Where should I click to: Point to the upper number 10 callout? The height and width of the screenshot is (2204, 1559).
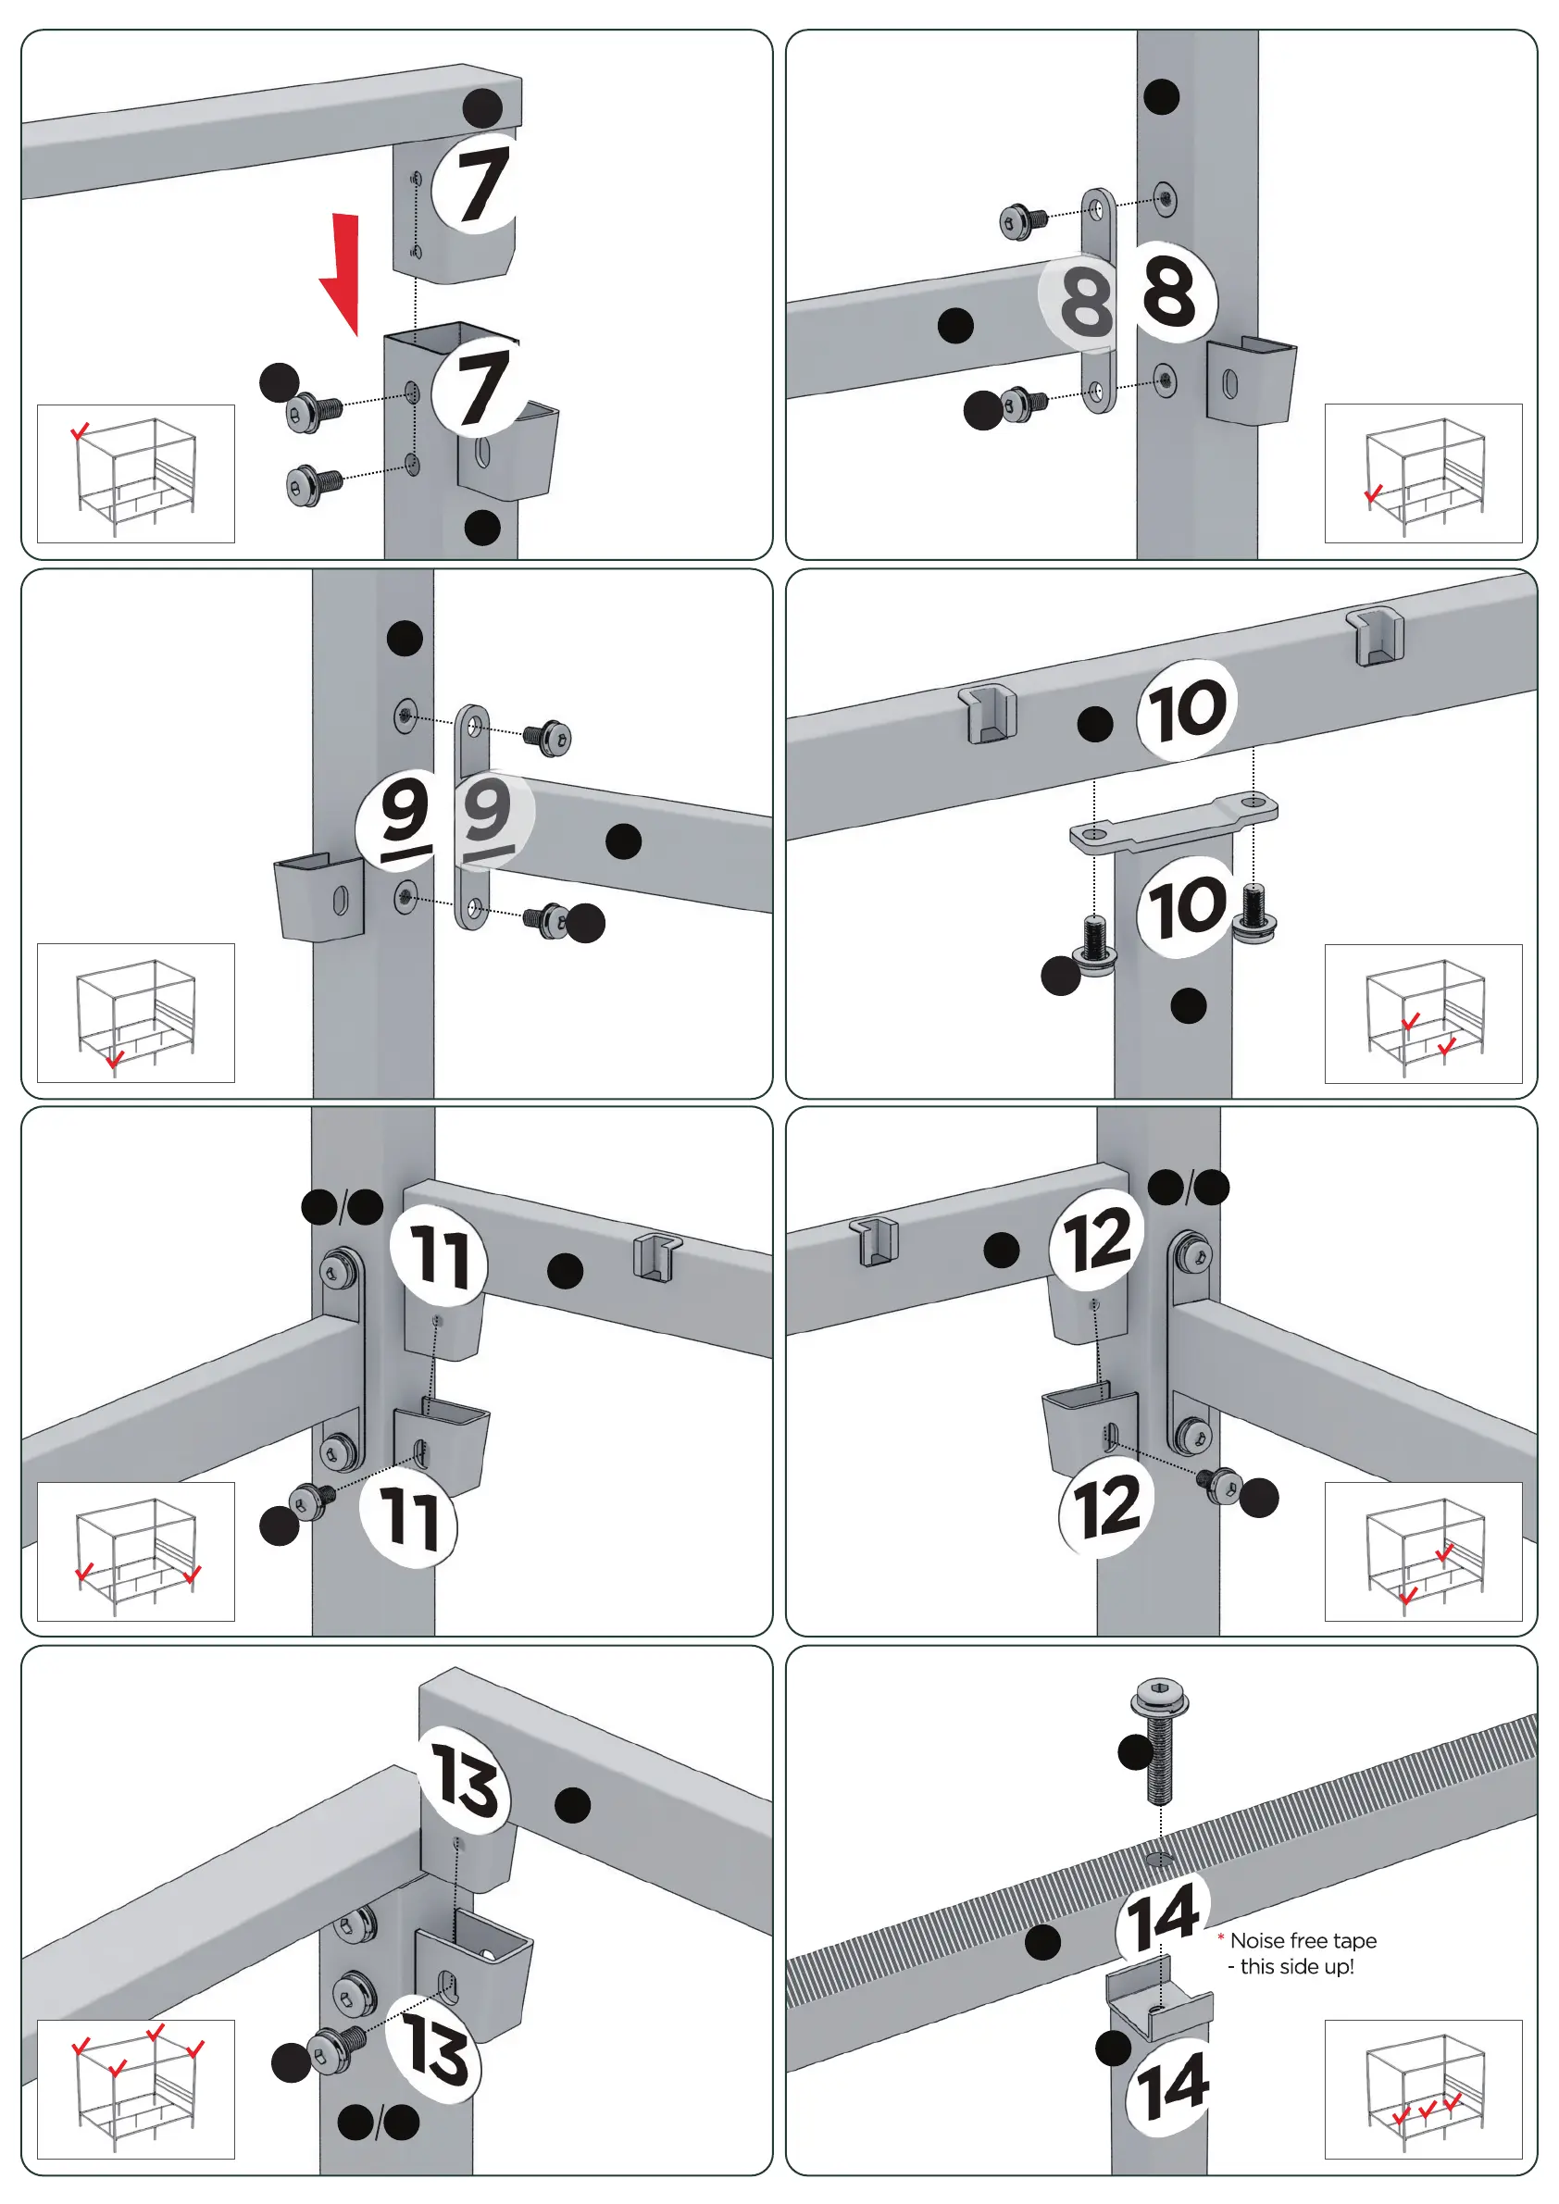click(1188, 710)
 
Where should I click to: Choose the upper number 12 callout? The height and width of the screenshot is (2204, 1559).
click(1097, 1239)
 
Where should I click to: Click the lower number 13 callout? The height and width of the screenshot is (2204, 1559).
click(435, 2048)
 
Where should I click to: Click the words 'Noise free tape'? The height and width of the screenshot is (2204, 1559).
click(1303, 1941)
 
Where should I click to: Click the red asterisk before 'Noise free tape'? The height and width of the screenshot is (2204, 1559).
click(1221, 1938)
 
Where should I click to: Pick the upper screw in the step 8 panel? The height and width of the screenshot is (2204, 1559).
click(1022, 221)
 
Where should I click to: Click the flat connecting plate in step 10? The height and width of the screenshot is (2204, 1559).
click(1173, 822)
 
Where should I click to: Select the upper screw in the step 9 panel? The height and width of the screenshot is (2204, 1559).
click(550, 736)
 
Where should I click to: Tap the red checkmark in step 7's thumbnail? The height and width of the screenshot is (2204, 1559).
click(81, 431)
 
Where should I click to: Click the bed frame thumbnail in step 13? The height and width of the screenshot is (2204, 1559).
click(135, 2089)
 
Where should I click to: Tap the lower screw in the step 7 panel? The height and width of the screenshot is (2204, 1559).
click(313, 484)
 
